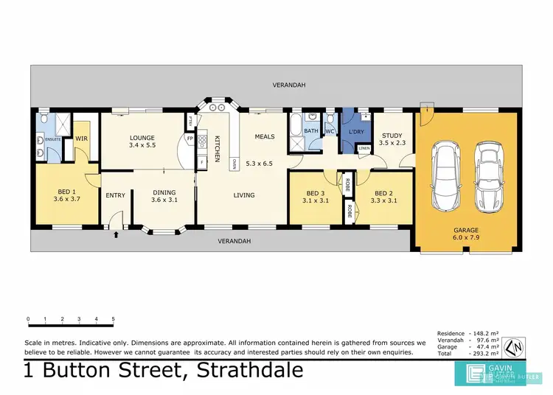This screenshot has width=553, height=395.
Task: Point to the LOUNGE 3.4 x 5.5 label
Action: tap(141, 141)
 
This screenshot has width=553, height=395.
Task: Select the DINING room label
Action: tap(164, 195)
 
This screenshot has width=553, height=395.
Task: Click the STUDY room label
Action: tap(391, 139)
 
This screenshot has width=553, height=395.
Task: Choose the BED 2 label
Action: tap(381, 195)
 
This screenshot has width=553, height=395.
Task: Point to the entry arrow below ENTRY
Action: tap(116, 236)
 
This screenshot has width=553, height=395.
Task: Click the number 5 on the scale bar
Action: tap(113, 320)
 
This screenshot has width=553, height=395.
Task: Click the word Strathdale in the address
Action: tap(251, 370)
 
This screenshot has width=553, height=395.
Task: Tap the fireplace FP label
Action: tap(189, 138)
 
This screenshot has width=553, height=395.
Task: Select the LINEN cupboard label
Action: tap(364, 149)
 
